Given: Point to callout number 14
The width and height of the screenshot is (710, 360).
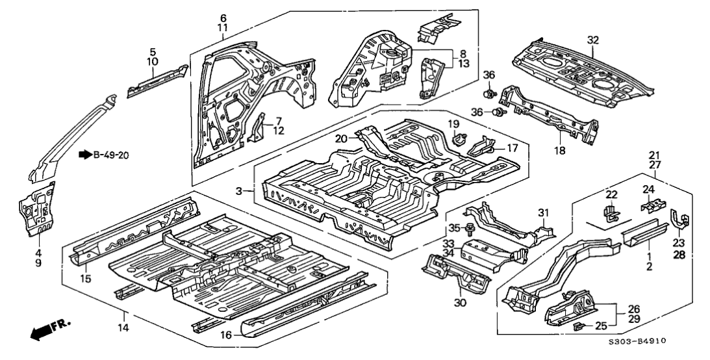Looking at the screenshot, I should [121, 328].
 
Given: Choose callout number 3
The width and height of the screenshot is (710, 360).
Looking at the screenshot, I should [239, 191].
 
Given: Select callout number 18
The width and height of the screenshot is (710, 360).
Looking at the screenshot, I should [560, 151].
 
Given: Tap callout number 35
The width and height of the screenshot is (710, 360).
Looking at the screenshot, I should [454, 227].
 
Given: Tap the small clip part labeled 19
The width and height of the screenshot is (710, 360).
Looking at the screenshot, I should [460, 138].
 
